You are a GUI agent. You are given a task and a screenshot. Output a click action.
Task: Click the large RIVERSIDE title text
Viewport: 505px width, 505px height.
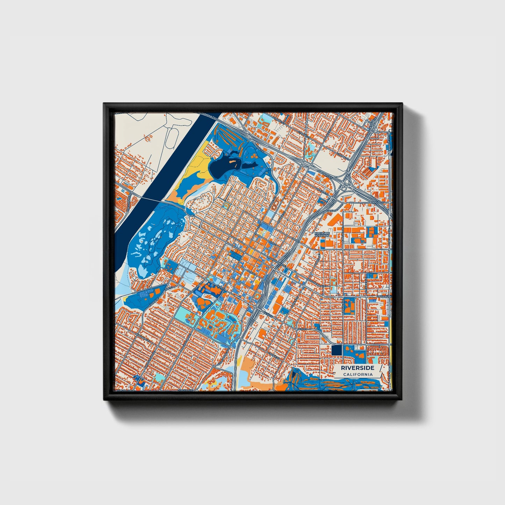(358, 368)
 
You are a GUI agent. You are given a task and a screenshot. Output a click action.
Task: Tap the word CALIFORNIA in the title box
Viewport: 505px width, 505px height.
(358, 375)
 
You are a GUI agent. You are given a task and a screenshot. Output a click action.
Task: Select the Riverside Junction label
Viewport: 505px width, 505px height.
(322, 235)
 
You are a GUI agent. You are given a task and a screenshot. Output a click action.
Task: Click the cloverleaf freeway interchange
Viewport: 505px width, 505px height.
(346, 185)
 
